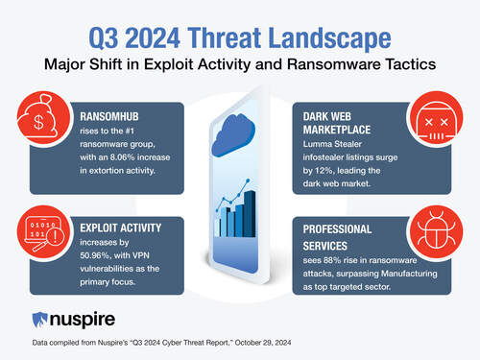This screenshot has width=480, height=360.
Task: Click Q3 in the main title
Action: tap(107, 40)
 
